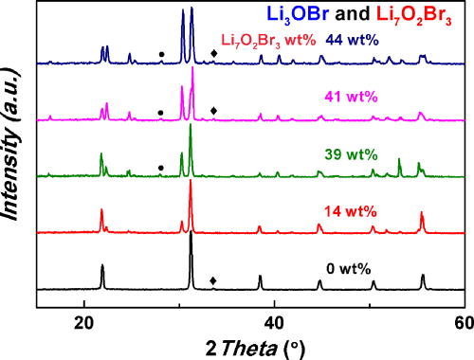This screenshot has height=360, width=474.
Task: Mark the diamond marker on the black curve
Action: pos(212,280)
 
